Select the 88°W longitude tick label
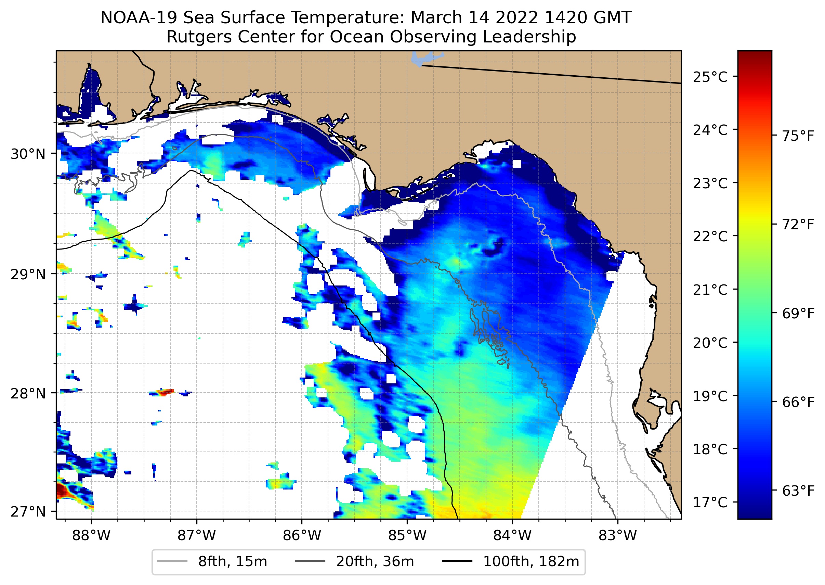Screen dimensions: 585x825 click(91, 536)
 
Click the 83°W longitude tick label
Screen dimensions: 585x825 click(618, 536)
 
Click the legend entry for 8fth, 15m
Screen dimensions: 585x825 click(233, 562)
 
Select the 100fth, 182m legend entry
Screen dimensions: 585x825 click(531, 562)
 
